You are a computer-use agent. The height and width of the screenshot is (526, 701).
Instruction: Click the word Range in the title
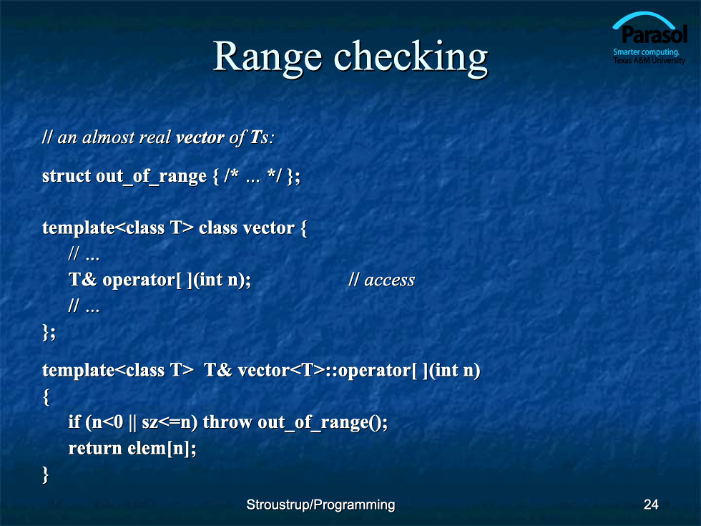coord(268,58)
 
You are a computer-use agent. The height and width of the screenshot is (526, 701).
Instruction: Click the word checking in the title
coord(411,58)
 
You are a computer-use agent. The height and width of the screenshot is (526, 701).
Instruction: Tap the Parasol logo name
coord(654,35)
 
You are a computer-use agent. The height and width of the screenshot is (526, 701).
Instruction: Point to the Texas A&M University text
coord(649,60)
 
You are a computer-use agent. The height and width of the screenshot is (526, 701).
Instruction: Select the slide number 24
coord(651,505)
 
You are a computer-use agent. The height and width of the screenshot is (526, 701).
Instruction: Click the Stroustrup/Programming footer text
coord(320,505)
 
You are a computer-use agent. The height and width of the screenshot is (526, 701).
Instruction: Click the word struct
coord(66,176)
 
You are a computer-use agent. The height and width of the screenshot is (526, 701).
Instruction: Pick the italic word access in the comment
coord(389,281)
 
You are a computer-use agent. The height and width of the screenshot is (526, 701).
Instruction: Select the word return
coord(94,448)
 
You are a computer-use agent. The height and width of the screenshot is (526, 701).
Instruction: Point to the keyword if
coord(74,422)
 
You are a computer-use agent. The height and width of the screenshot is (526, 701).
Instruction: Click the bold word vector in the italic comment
coord(200,137)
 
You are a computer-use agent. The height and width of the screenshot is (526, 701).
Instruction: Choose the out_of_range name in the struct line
coord(151,176)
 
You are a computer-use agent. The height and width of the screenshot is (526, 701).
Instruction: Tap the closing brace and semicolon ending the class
coord(49,332)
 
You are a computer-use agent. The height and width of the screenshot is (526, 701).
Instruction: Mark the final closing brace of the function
coord(45,474)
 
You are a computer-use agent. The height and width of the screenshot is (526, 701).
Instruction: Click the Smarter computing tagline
coord(646,52)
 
